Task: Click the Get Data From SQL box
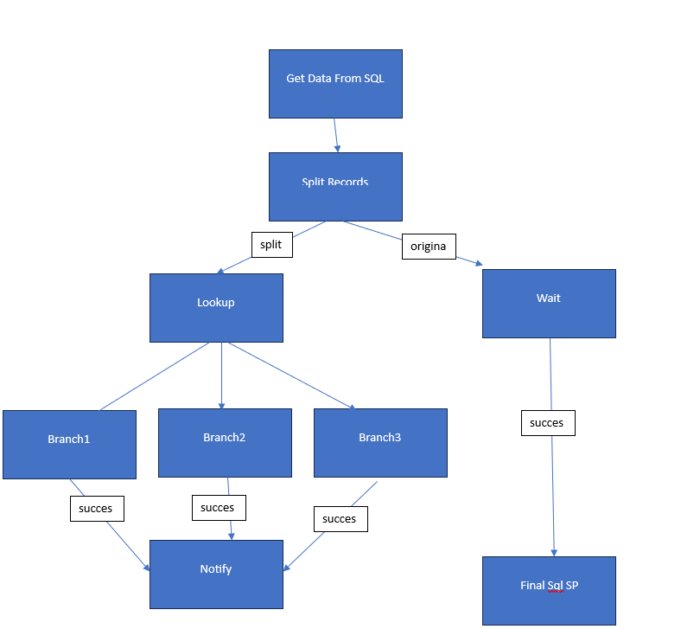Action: pos(335,83)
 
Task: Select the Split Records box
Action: pos(335,187)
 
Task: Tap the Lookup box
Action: pos(216,307)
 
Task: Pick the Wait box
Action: pos(549,303)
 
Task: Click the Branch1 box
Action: pos(69,444)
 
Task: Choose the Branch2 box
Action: pos(225,442)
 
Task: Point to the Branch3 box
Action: pos(380,442)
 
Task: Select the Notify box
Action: pos(216,574)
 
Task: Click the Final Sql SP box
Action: pos(549,590)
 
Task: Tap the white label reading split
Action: pos(271,245)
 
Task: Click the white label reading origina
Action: pos(429,247)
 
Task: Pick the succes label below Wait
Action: pos(547,423)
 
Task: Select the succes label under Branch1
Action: pos(97,509)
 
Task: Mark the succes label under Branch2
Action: pos(219,508)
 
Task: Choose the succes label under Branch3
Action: pos(340,519)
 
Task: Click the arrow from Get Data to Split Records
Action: pos(336,135)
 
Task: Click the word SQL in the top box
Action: pos(373,79)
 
